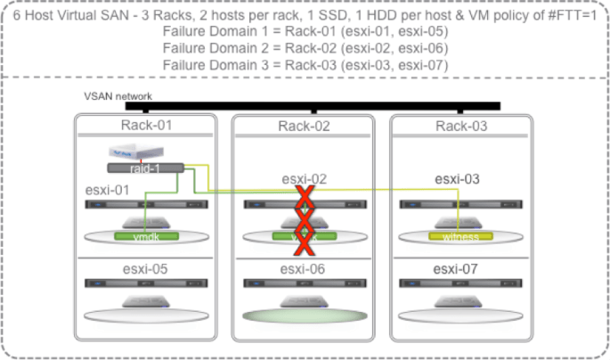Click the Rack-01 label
pyautogui.click(x=145, y=126)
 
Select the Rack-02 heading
pyautogui.click(x=304, y=126)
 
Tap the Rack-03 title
pyautogui.click(x=461, y=126)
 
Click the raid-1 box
pyautogui.click(x=145, y=168)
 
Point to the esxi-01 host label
pyautogui.click(x=108, y=189)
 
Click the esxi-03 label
pyautogui.click(x=458, y=179)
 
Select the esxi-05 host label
pyautogui.click(x=145, y=268)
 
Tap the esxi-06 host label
pyautogui.click(x=304, y=268)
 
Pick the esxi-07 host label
pyautogui.click(x=458, y=268)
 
